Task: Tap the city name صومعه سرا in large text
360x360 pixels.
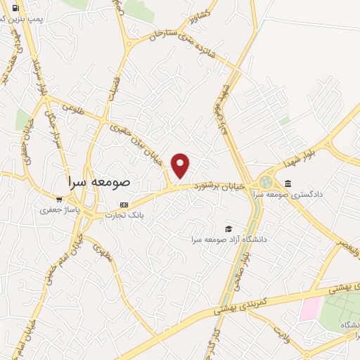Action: click(101, 181)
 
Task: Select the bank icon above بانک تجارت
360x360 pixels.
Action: click(124, 205)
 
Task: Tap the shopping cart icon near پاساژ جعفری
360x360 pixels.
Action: click(58, 199)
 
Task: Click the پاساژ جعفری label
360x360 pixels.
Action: click(57, 210)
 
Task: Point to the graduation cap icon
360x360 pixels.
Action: click(228, 229)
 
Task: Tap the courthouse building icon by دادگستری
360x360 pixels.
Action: click(287, 184)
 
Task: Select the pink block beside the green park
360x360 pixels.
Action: click(310, 308)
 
